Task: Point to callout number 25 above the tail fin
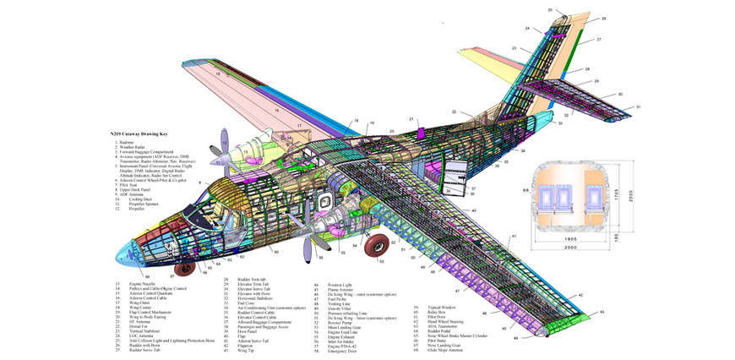(549, 10)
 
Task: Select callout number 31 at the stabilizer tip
(639, 107)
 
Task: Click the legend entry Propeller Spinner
(139, 203)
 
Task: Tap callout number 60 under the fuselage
(149, 275)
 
